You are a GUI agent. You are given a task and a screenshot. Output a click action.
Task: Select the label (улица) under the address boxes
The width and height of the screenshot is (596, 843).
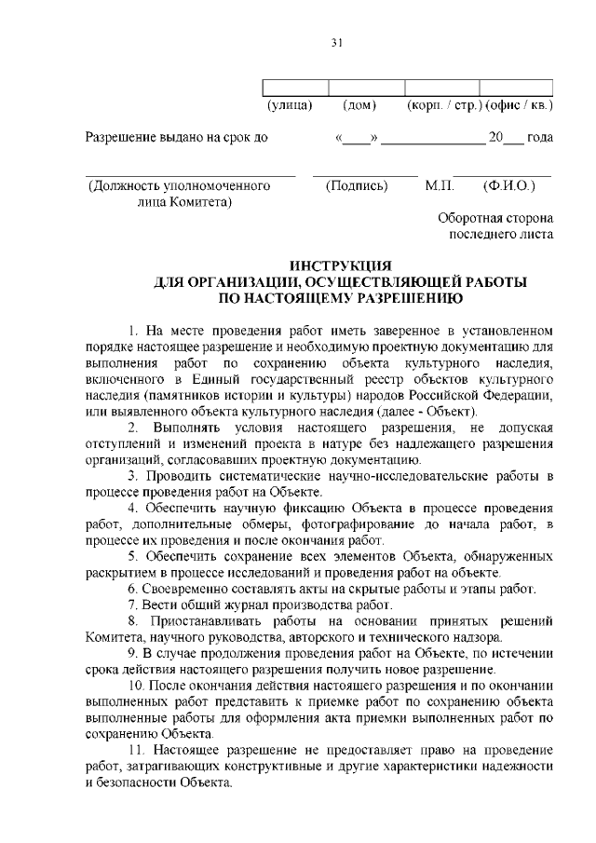tap(289, 107)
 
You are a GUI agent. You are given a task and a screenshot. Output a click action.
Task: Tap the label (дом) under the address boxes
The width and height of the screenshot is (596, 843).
tap(359, 107)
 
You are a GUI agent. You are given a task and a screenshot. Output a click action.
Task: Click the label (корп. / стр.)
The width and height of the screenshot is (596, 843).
tap(442, 107)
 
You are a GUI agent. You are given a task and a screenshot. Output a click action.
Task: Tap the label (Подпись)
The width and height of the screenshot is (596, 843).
tap(357, 186)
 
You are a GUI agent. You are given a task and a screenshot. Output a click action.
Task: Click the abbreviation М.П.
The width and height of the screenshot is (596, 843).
tap(440, 186)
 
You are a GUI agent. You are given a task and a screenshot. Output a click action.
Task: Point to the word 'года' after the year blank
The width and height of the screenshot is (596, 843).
tap(540, 138)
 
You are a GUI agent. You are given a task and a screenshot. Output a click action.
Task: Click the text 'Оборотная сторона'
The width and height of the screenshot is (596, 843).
tap(495, 218)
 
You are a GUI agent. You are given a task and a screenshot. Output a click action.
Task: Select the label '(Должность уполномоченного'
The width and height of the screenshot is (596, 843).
tap(179, 186)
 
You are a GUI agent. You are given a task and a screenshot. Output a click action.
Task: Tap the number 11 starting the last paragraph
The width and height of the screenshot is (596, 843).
tap(136, 749)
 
